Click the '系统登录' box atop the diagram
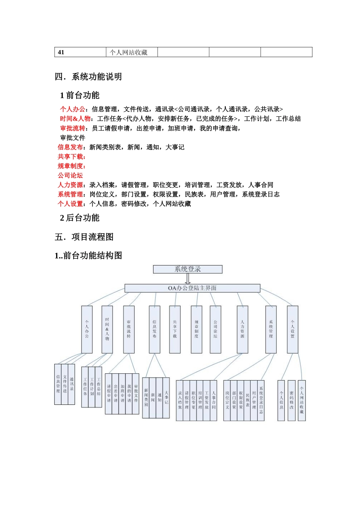pos(188,269)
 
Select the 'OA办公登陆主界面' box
pos(192,288)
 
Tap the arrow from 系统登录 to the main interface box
pos(188,279)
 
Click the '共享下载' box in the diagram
pos(175,329)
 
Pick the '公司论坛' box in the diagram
pos(215,329)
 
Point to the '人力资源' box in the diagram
pos(243,329)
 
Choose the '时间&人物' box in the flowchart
pos(107,329)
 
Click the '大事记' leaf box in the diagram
pos(166,398)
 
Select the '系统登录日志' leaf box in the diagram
pos(261,401)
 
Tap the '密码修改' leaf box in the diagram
pos(291,401)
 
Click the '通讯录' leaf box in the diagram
pos(72,384)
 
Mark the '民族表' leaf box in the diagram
pos(247,401)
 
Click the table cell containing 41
pos(80,52)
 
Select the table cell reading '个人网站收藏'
pos(132,52)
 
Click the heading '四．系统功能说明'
pos(88,77)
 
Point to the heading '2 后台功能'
pos(80,218)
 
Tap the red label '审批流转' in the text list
pos(73,128)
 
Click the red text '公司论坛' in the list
pos(70,175)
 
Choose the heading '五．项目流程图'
pos(84,237)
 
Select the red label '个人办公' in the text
pos(73,109)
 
